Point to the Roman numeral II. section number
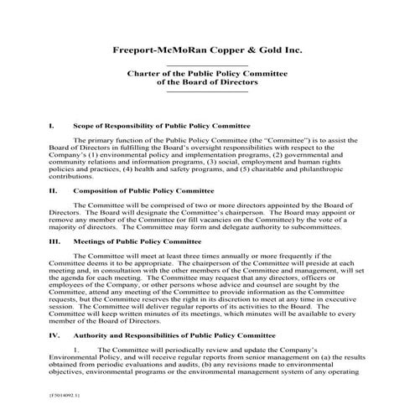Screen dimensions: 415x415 (x=53, y=190)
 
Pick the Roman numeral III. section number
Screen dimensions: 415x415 (x=54, y=241)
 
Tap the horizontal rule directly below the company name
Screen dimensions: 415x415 (x=207, y=65)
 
